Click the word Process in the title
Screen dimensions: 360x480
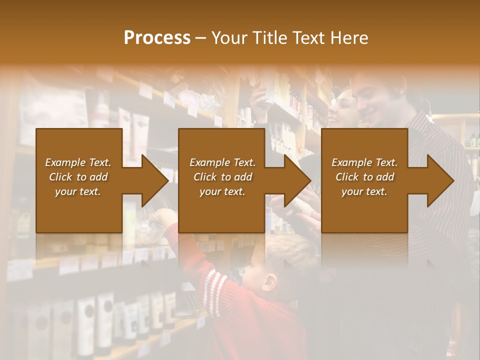pyautogui.click(x=157, y=38)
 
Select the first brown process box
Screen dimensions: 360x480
pyautogui.click(x=79, y=210)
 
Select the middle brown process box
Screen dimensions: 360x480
pyautogui.click(x=221, y=210)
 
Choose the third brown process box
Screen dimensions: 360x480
pyautogui.click(x=364, y=210)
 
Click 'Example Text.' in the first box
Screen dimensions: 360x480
pyautogui.click(x=78, y=162)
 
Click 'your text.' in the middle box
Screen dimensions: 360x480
pyautogui.click(x=222, y=191)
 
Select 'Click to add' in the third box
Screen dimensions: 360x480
pyautogui.click(x=364, y=177)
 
